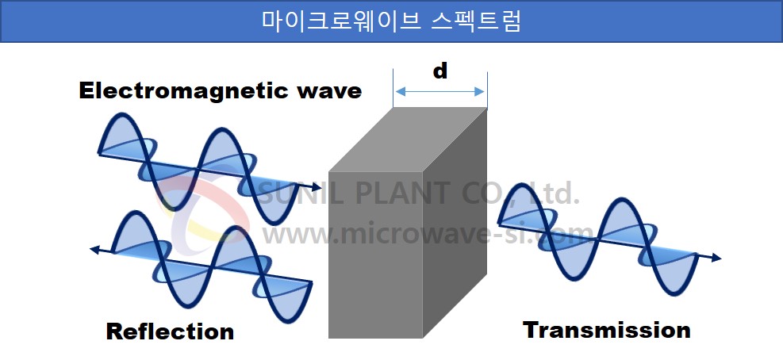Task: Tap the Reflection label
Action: point(170,332)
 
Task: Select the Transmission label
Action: point(607,331)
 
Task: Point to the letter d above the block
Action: point(440,71)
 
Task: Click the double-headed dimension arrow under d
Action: point(440,91)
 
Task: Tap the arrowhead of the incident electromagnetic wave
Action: point(317,188)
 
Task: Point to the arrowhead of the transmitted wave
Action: point(716,258)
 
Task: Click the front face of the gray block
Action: point(375,255)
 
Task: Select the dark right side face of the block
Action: point(455,223)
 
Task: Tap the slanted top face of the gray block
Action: point(408,140)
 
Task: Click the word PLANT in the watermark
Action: point(401,193)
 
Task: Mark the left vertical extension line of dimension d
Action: point(393,90)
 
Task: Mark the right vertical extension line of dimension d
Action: point(487,90)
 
